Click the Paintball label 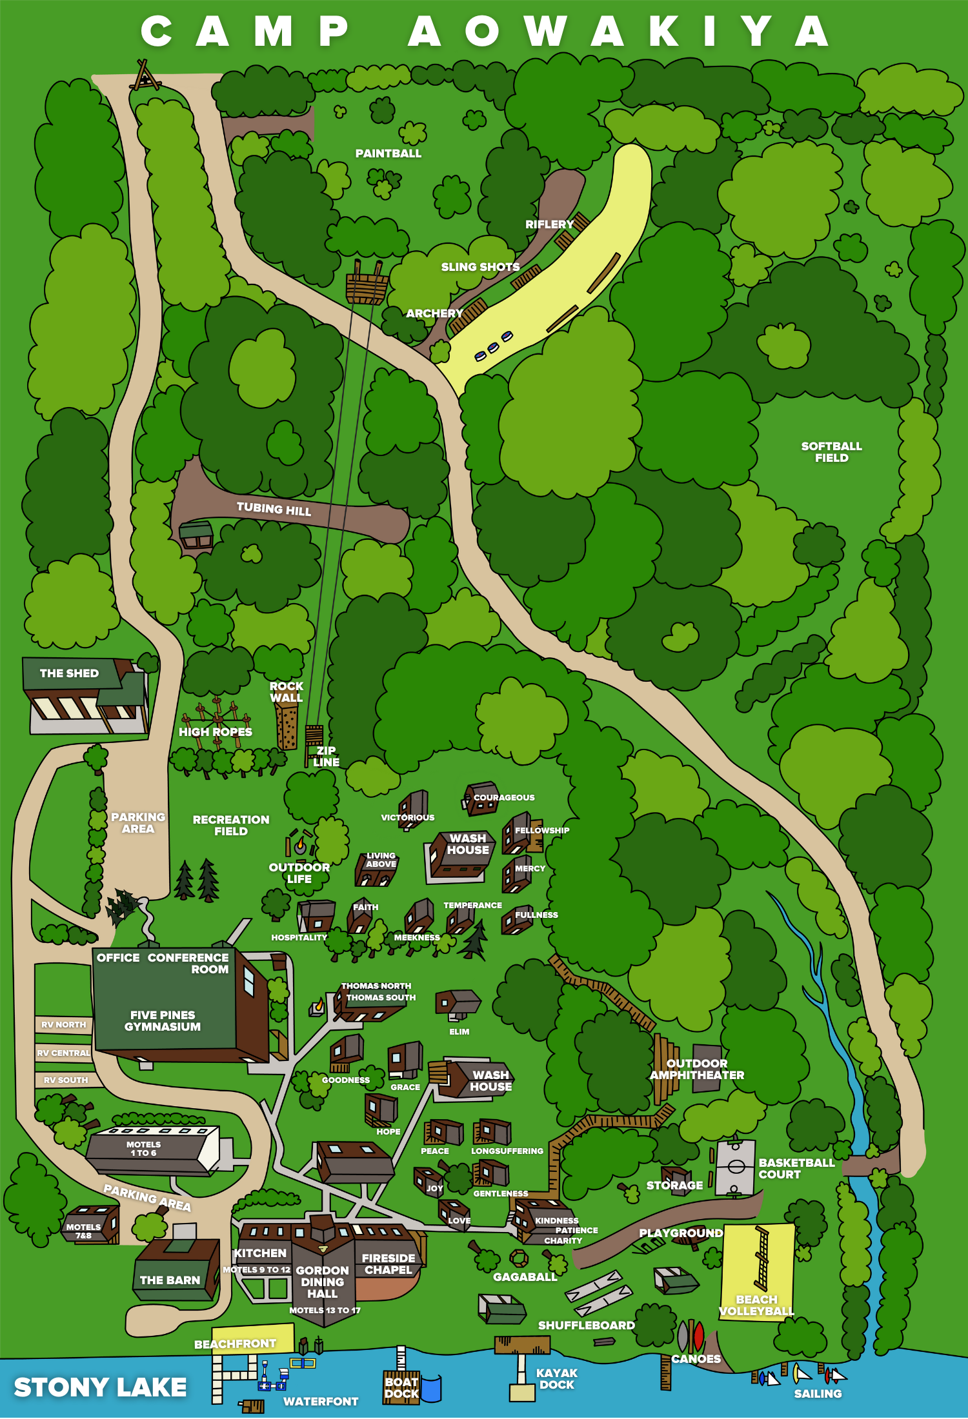pos(388,154)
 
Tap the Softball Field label pos(831,451)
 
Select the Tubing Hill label pos(274,509)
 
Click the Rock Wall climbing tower pos(286,726)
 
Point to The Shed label pos(69,673)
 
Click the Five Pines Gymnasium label pos(162,1020)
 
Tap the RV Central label pos(63,1053)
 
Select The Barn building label pos(170,1280)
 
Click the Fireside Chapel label pos(388,1264)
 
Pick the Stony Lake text pos(100,1387)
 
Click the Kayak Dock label pos(556,1378)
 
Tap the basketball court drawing pos(735,1167)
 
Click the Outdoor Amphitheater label pos(696,1069)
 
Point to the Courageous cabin pos(479,800)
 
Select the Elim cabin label pos(459,1031)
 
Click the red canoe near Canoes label pos(698,1336)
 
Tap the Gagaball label pos(524,1276)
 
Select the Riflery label pos(549,224)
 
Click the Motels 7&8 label pos(83,1231)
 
